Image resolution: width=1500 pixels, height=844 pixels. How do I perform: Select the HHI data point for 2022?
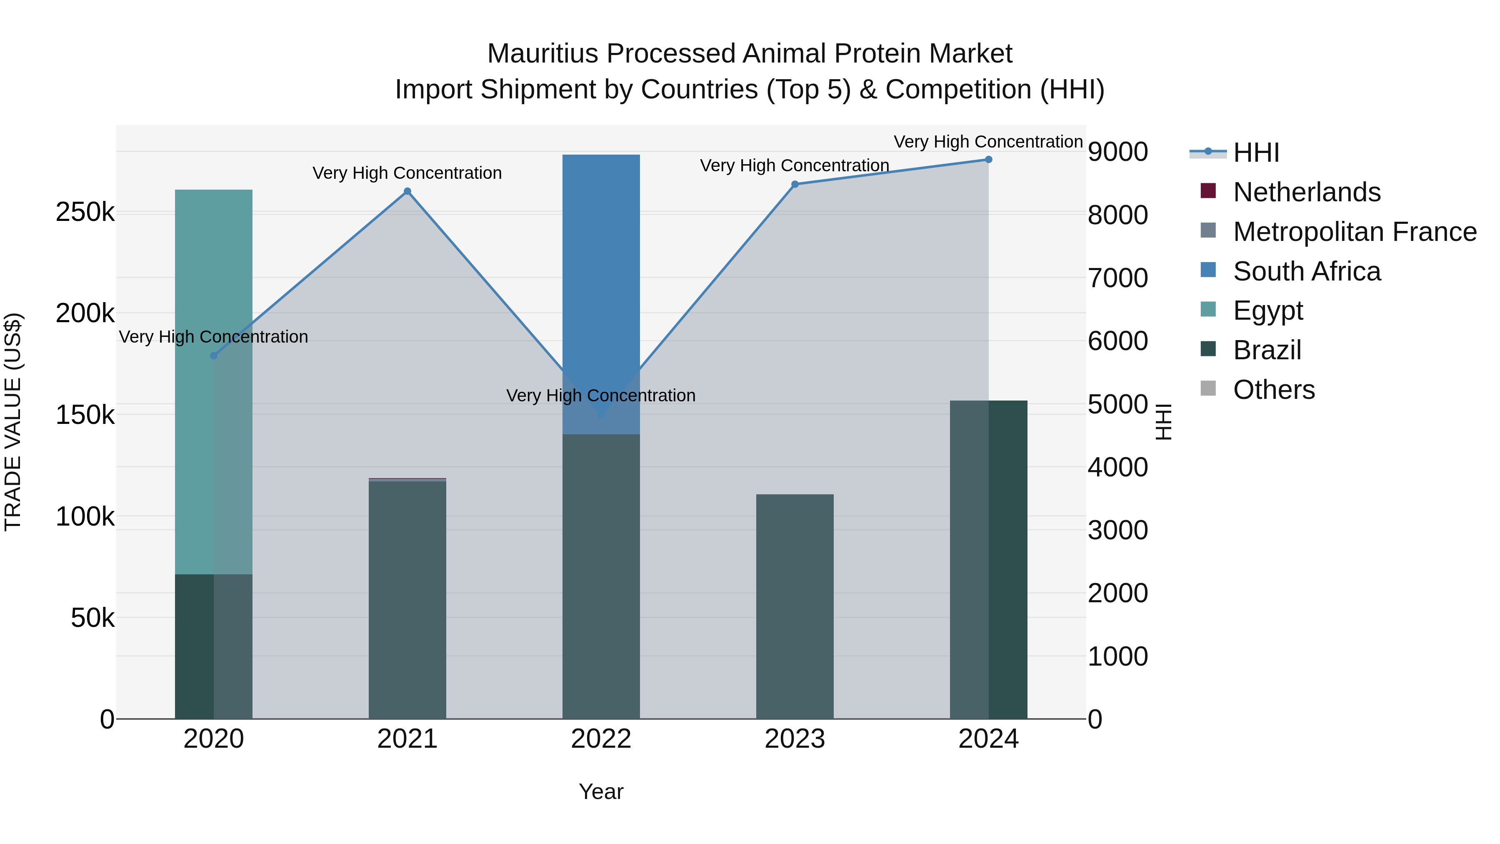click(x=601, y=413)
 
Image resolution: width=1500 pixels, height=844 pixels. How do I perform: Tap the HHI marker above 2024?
click(x=988, y=160)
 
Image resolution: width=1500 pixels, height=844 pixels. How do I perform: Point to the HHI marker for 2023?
click(x=795, y=185)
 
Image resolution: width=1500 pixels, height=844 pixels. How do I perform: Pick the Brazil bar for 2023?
click(x=795, y=606)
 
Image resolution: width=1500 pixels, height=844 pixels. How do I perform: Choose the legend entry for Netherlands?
click(x=1306, y=192)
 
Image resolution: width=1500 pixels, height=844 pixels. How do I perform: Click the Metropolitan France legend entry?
click(x=1355, y=232)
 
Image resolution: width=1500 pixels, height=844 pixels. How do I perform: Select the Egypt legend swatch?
click(x=1208, y=309)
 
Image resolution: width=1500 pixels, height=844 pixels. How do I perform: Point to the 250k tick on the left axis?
click(x=85, y=213)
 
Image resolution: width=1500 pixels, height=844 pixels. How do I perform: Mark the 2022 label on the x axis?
click(x=601, y=739)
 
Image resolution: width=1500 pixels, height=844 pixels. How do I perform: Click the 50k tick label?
click(x=92, y=618)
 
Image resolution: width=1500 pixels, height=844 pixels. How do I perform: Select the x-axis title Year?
click(x=601, y=791)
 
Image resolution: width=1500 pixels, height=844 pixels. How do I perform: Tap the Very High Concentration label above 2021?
click(x=407, y=173)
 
